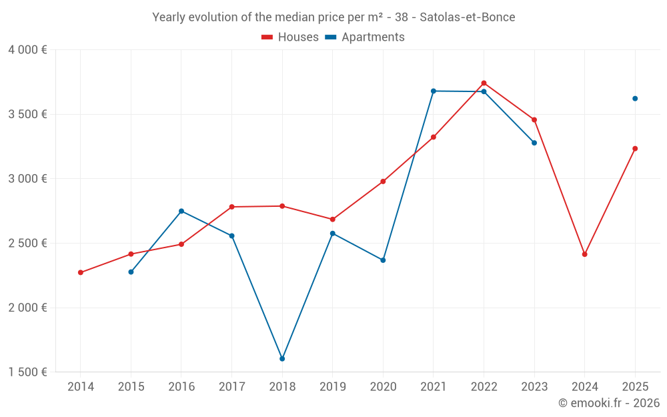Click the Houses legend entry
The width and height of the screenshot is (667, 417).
tap(290, 37)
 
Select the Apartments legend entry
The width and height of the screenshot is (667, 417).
tap(365, 37)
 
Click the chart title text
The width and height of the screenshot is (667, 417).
tap(333, 17)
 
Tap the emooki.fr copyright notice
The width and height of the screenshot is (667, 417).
tap(609, 403)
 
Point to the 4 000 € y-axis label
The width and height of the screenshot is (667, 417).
tap(27, 50)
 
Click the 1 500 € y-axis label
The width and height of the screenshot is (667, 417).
tap(27, 372)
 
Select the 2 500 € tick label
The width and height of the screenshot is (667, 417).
tap(27, 244)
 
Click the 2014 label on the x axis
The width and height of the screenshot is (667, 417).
tap(81, 387)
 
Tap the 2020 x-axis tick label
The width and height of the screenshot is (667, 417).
tap(383, 387)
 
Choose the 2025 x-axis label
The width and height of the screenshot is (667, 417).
tap(635, 387)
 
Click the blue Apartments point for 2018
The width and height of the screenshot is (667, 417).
tap(282, 359)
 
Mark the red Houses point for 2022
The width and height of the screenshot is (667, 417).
tap(484, 83)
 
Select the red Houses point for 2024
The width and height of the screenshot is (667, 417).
tap(584, 254)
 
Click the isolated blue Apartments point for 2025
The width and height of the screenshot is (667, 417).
tap(635, 99)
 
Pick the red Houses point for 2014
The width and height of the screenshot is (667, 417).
tap(81, 272)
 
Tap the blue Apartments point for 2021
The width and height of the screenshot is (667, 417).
tap(434, 91)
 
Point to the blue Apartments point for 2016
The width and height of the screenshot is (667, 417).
tap(181, 212)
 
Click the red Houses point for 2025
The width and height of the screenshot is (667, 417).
tap(635, 149)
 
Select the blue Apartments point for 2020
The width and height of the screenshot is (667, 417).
tap(383, 260)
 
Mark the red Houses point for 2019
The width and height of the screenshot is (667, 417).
tap(333, 220)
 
